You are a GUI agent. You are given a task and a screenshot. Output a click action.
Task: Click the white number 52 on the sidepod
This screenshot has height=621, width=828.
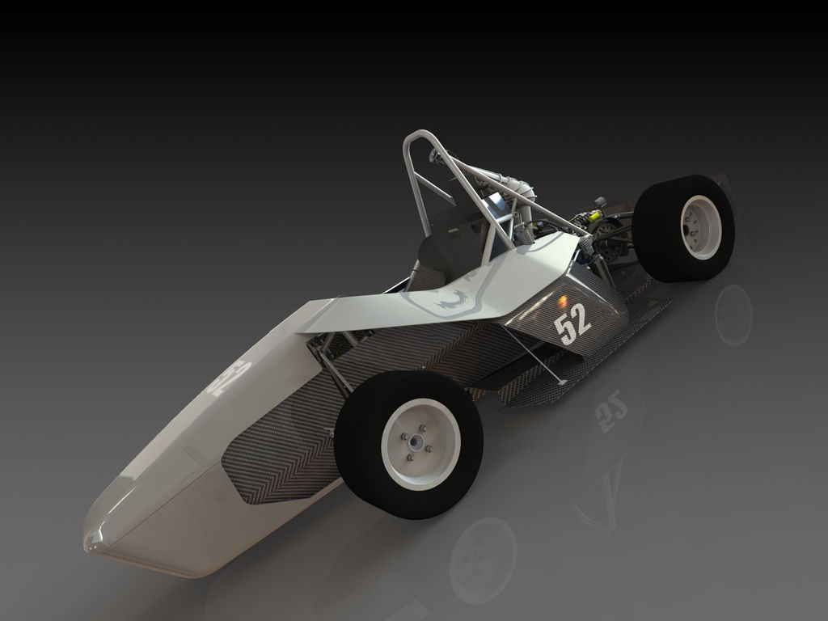572,323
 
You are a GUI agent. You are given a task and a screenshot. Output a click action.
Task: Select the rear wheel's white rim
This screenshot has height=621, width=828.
700,227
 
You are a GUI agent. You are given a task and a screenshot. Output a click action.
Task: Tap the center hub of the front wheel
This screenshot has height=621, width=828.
416,442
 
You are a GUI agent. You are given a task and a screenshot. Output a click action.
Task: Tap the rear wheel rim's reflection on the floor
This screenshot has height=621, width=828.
733,315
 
